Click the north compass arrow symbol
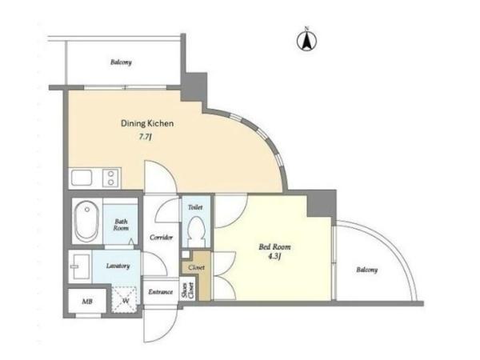pos(306,41)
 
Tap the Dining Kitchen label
pos(147,123)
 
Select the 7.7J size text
pos(146,137)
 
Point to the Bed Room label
pos(274,246)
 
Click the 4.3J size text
pos(274,257)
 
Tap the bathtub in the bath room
pos(87,221)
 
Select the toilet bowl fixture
pos(196,232)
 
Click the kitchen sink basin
pos(82,178)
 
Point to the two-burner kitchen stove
pos(111,178)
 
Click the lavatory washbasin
pos(80,266)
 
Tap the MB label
pos(87,302)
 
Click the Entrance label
pos(161,292)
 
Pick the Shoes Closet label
pos(187,290)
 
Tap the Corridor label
pos(161,238)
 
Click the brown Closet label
pos(196,267)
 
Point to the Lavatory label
pos(118,266)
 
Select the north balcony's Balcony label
pos(122,62)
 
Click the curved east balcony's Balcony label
pos(366,270)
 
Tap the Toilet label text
pos(195,207)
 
